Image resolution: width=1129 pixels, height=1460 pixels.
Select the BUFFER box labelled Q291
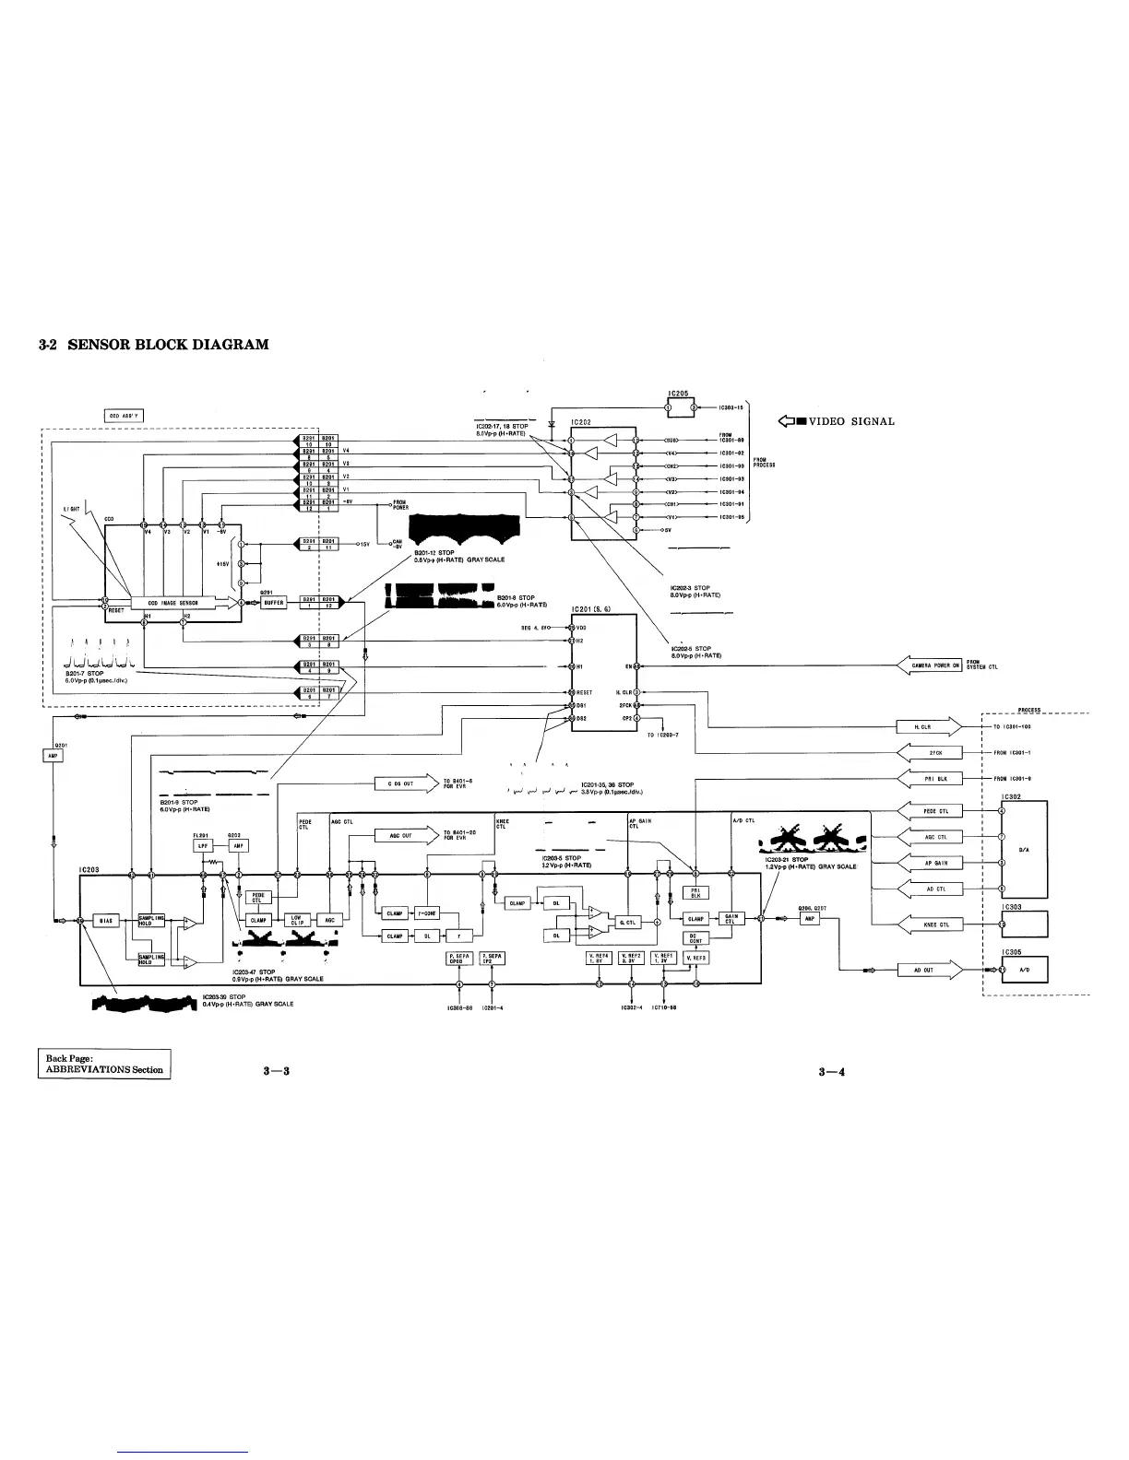(273, 602)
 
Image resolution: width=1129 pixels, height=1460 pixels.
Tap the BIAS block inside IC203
(106, 920)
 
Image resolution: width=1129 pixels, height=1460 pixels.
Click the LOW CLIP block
(296, 920)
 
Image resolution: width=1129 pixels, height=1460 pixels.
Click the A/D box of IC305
(1024, 970)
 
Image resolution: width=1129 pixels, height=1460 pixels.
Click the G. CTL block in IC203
(627, 922)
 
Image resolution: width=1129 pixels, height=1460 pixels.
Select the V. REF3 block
(694, 958)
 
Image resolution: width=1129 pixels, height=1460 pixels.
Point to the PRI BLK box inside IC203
(694, 891)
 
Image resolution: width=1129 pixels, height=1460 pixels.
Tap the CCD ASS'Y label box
(123, 416)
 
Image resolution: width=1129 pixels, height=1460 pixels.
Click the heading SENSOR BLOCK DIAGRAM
(153, 345)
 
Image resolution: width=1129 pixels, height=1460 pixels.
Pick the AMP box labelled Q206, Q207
(808, 919)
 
